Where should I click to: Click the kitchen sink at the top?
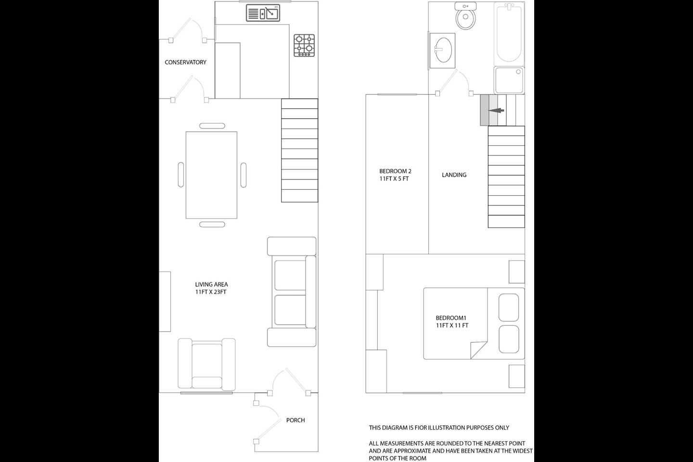[263, 13]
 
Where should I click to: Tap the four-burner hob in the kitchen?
[304, 46]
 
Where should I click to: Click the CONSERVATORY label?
[185, 62]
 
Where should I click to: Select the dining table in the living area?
[212, 175]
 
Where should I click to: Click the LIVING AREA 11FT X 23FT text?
[211, 288]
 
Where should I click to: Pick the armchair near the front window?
[206, 364]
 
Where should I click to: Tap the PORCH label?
[295, 420]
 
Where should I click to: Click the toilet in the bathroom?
[466, 16]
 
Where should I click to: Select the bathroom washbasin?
[443, 51]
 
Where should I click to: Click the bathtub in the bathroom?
[509, 33]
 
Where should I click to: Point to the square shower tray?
[509, 80]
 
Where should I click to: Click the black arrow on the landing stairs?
[496, 111]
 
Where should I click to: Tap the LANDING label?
[454, 175]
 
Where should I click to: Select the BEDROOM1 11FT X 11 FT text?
[452, 321]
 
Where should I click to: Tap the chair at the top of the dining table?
[212, 126]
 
